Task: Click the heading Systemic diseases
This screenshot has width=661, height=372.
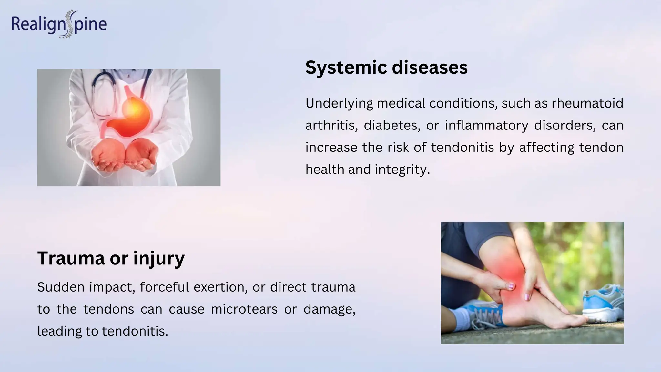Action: [386, 67]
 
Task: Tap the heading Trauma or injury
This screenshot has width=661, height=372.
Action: [111, 258]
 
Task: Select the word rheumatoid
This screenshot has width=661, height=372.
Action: [587, 104]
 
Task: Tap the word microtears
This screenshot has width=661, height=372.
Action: [244, 309]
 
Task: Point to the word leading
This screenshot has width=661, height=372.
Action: [59, 331]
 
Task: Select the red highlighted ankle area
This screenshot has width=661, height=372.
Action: [513, 274]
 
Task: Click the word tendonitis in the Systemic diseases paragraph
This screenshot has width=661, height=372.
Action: [462, 148]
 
